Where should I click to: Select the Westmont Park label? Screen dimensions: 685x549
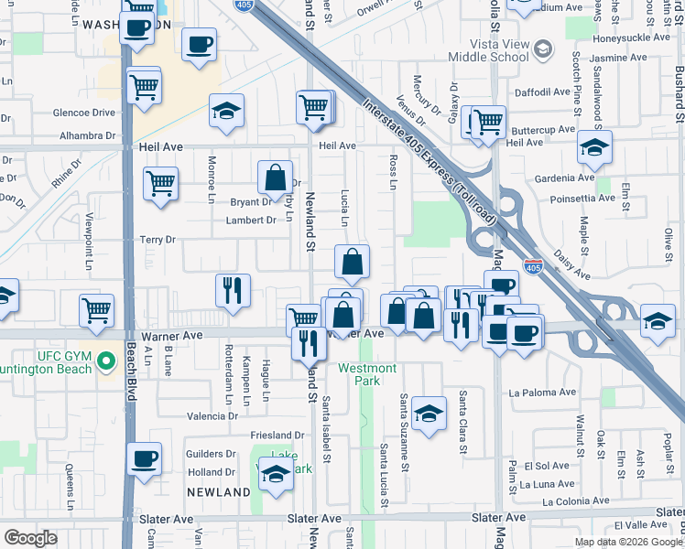point(367,373)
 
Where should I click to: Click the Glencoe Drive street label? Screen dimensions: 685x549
point(84,113)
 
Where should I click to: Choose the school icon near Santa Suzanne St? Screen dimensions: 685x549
point(428,413)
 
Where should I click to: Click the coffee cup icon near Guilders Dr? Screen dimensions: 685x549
point(144,457)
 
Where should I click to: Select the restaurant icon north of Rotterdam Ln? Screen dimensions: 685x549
point(233,290)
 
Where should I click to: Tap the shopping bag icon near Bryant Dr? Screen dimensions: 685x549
point(275,177)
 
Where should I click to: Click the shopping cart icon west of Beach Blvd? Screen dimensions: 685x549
point(96,310)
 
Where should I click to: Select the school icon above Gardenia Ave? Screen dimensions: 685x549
point(593,145)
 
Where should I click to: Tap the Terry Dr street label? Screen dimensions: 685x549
point(157,240)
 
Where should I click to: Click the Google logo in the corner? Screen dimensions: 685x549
point(31,537)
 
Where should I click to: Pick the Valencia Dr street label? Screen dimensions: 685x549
point(212,416)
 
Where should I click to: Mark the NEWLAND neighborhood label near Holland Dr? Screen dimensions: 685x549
point(219,492)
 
